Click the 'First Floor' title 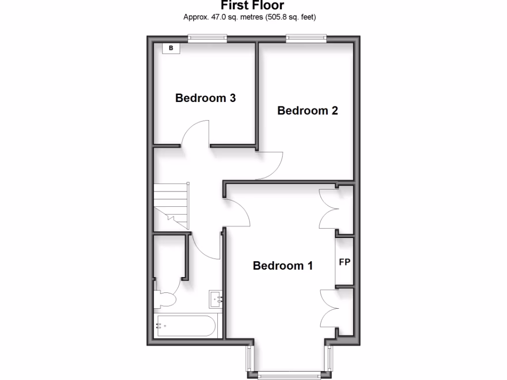[x=253, y=6]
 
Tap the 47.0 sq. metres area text [x=250, y=17]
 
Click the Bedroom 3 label [x=205, y=98]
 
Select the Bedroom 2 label [x=307, y=110]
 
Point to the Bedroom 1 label [x=283, y=266]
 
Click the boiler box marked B [x=171, y=48]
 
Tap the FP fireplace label [x=345, y=262]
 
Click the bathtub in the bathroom [x=184, y=326]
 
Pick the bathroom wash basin [x=215, y=298]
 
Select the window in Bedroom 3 [x=207, y=38]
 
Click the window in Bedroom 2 [x=306, y=38]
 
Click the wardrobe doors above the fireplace [x=328, y=209]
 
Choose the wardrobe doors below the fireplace [x=328, y=308]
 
